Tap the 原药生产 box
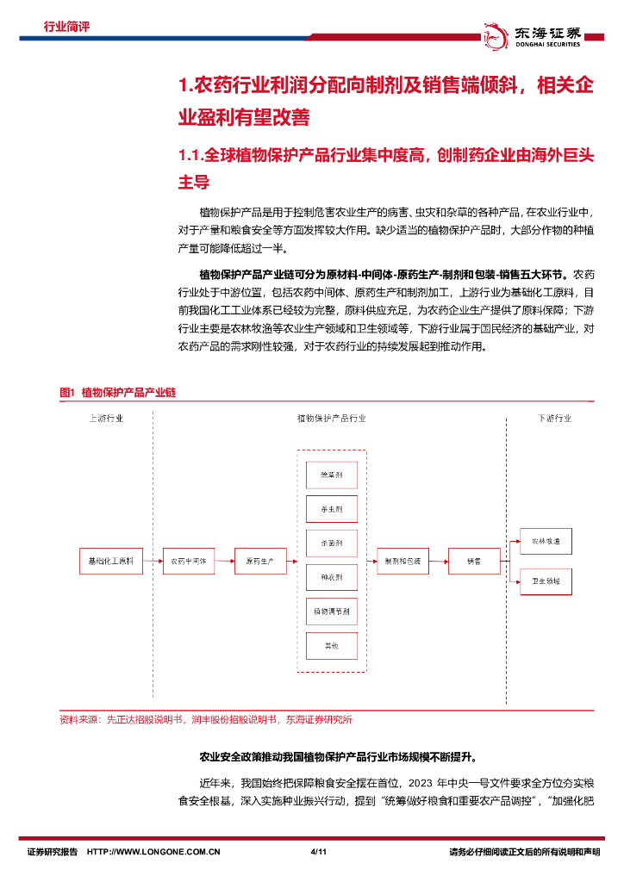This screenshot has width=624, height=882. coord(259,561)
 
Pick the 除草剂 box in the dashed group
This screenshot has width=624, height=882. coord(332,475)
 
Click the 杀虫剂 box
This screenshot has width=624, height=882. coord(332,509)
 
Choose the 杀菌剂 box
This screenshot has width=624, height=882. coord(332,543)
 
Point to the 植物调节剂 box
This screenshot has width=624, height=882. coord(332,612)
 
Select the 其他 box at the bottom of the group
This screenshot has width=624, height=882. coord(332,645)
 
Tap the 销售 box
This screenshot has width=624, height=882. coord(473,561)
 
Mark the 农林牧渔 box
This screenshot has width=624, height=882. coord(546,542)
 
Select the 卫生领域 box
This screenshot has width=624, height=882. coord(546,581)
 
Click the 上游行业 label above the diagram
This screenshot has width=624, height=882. coord(106,419)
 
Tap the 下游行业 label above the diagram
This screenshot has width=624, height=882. coord(554,419)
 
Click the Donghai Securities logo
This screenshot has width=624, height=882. coord(534,34)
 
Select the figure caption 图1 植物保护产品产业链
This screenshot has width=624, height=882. coord(117,392)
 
